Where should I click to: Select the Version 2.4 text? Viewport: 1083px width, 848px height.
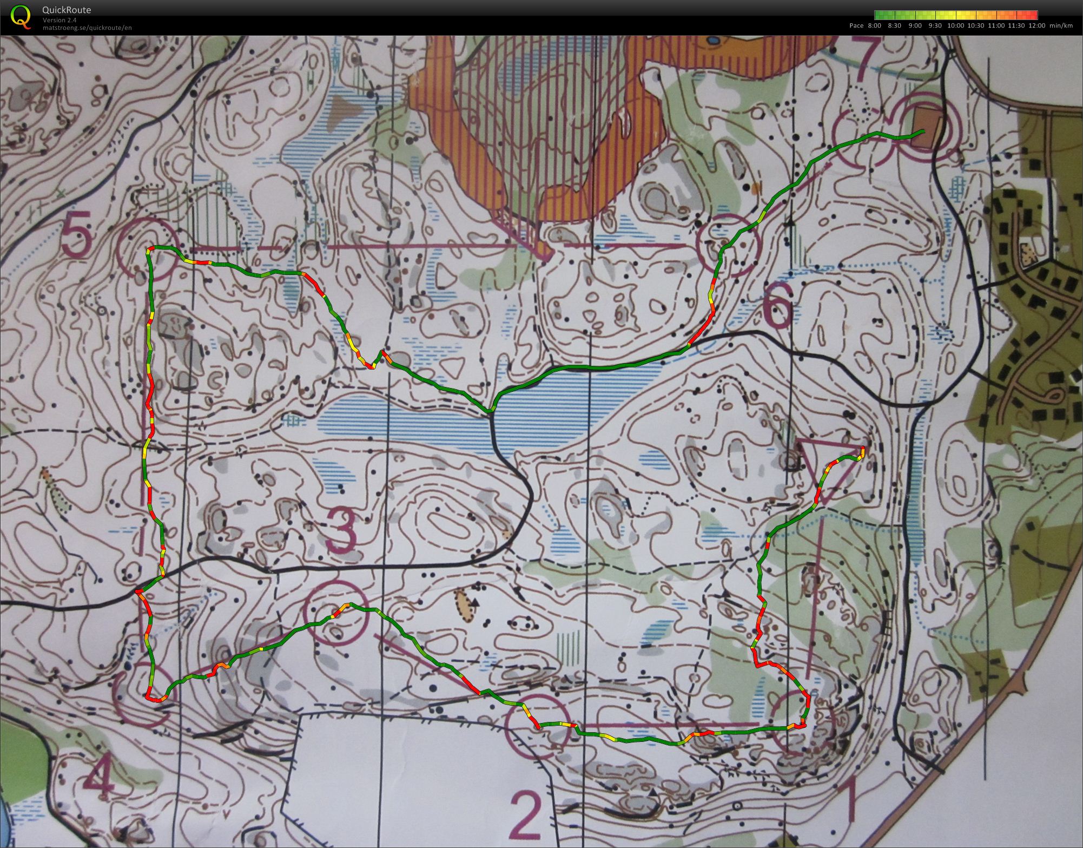(x=60, y=20)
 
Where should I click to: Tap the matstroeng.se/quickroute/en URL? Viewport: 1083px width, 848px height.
(x=87, y=28)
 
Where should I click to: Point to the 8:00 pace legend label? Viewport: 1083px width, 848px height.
(x=874, y=25)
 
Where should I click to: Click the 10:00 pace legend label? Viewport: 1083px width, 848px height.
(x=955, y=25)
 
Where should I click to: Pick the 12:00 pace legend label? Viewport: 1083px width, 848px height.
(x=1037, y=25)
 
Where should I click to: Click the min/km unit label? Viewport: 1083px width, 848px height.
(x=1061, y=25)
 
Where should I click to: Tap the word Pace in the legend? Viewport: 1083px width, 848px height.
(x=856, y=25)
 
